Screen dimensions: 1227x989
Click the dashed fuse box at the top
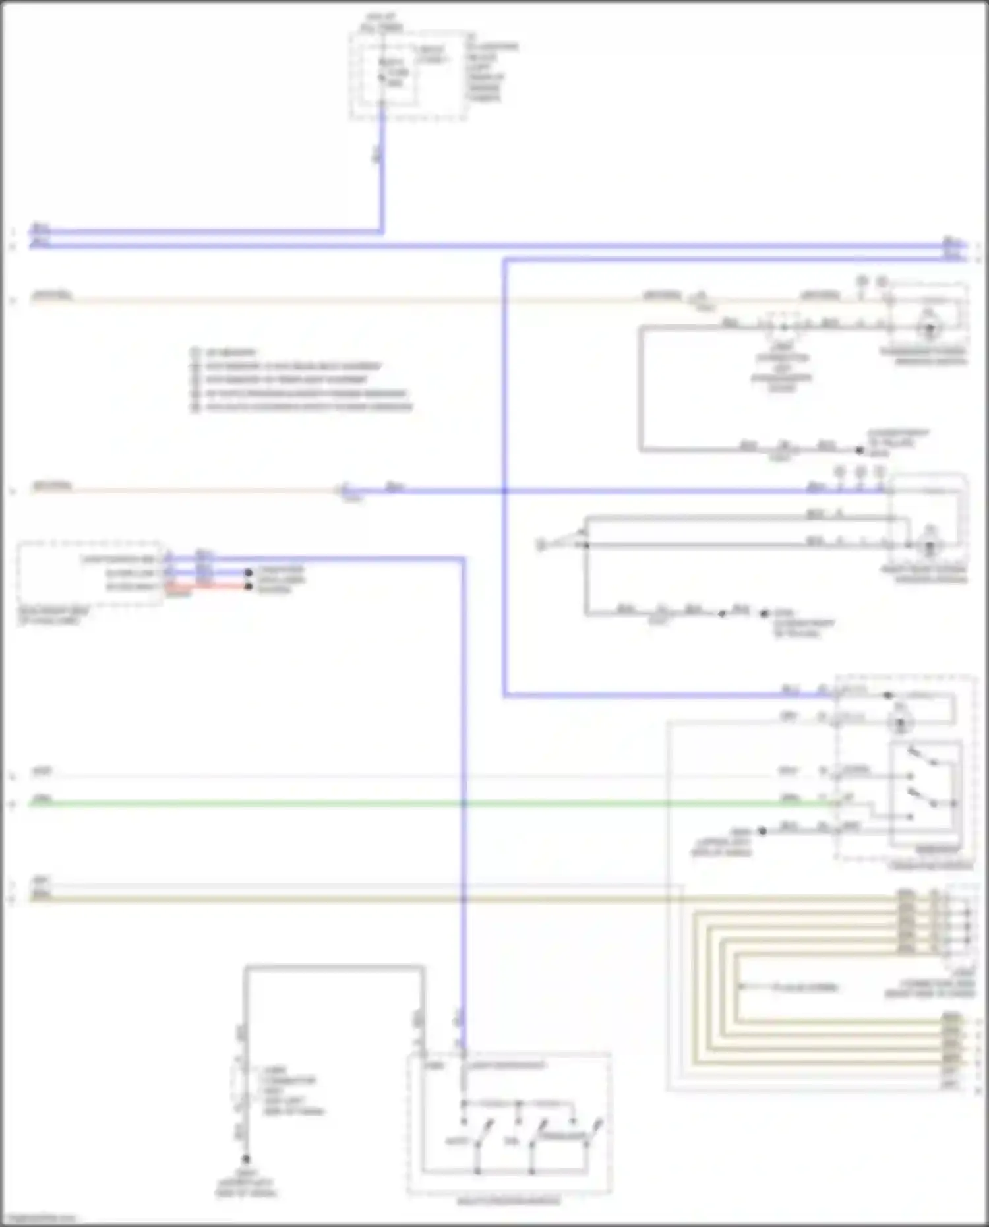409,76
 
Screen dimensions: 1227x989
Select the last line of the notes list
303,407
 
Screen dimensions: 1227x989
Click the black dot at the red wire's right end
249,586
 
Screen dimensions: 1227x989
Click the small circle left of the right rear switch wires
540,545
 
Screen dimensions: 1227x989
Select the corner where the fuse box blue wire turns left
381,231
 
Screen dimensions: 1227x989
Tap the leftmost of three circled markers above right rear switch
839,472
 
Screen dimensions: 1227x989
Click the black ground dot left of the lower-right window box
762,831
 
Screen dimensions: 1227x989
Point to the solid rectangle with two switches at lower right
924,793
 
